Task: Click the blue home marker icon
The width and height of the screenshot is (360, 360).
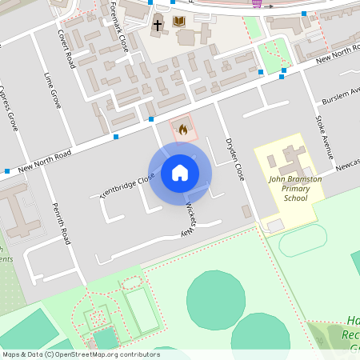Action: (180, 173)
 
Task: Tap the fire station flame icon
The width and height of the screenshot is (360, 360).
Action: (182, 129)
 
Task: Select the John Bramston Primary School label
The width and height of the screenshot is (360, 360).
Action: (294, 188)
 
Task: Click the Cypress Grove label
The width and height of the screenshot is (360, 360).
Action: (10, 108)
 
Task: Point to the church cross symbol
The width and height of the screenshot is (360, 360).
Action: (158, 25)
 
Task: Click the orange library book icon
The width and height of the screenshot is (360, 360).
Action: (179, 22)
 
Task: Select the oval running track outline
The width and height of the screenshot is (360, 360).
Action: (302, 239)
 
